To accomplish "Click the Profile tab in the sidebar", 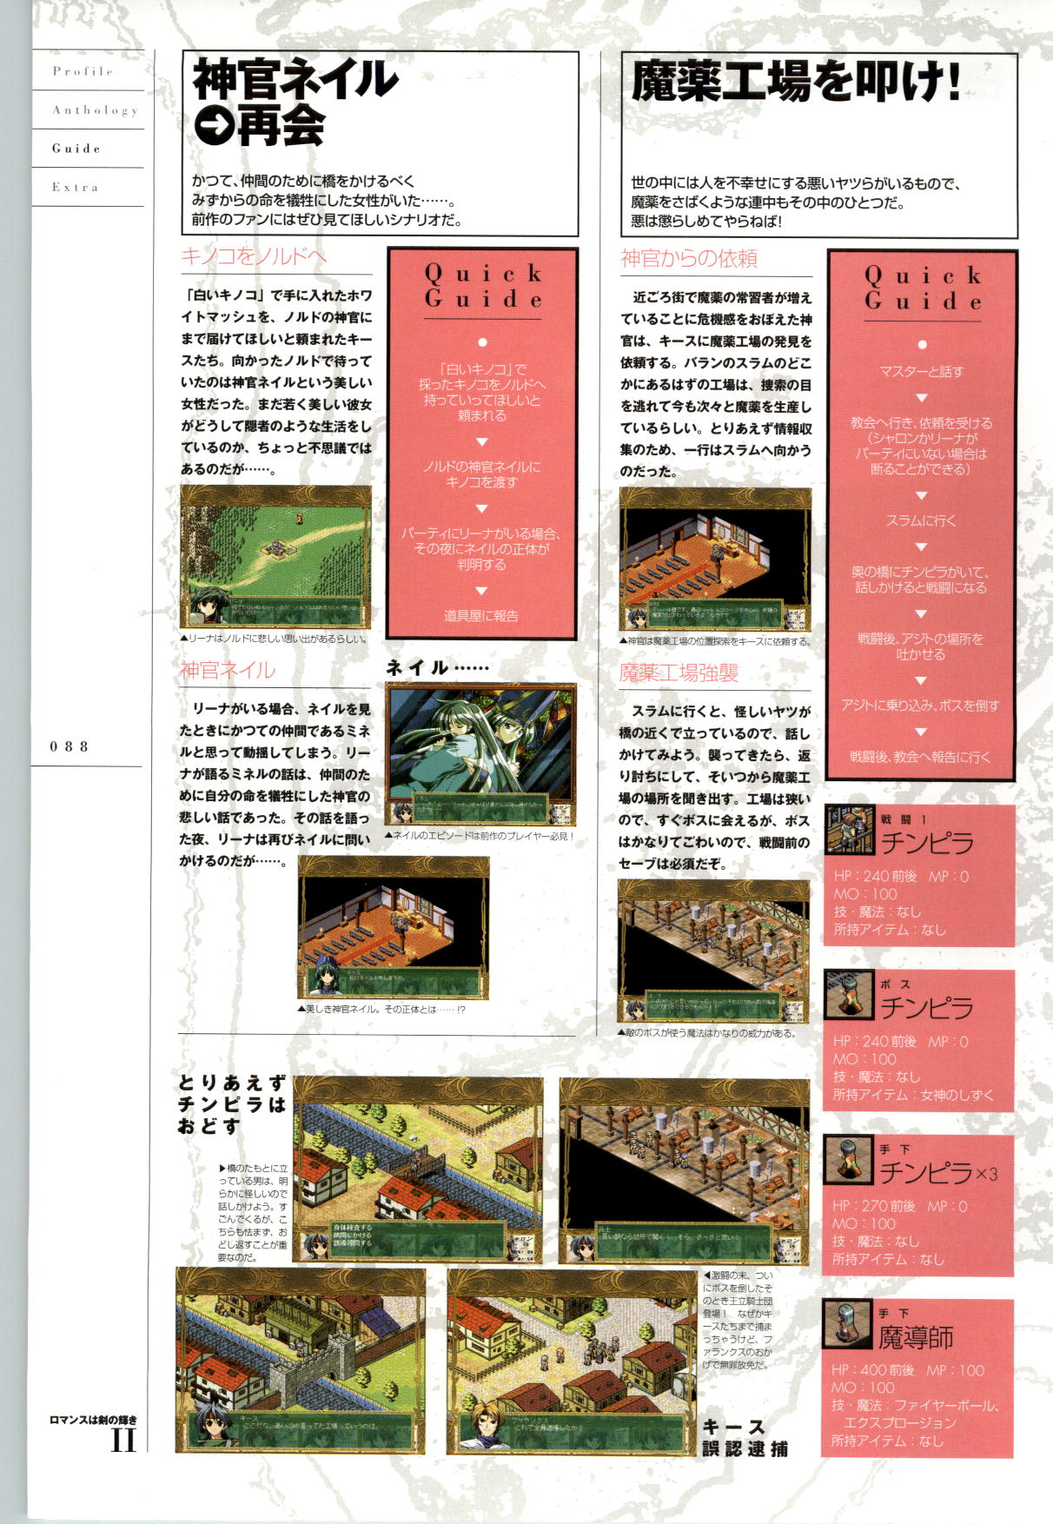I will tap(83, 71).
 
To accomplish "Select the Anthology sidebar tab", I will tap(94, 110).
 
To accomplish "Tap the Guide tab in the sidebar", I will tap(76, 149).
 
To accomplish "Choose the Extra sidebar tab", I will tap(75, 187).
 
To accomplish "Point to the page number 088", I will tap(69, 746).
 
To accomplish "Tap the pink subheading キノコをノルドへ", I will tap(254, 256).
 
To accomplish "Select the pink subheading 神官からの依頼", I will tap(689, 258).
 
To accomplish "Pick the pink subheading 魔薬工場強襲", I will tap(679, 673).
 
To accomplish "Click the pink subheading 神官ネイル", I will tap(228, 670).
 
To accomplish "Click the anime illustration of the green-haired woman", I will tap(480, 743).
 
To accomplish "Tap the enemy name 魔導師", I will tap(916, 1337).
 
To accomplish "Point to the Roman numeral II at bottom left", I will tap(123, 1440).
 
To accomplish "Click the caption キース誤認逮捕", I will tap(745, 1438).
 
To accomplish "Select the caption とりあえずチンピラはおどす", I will tap(231, 1104).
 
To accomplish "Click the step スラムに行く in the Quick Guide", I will tap(921, 520).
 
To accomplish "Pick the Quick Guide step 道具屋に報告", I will tap(481, 616).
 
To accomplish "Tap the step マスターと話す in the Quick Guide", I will tap(921, 372).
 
